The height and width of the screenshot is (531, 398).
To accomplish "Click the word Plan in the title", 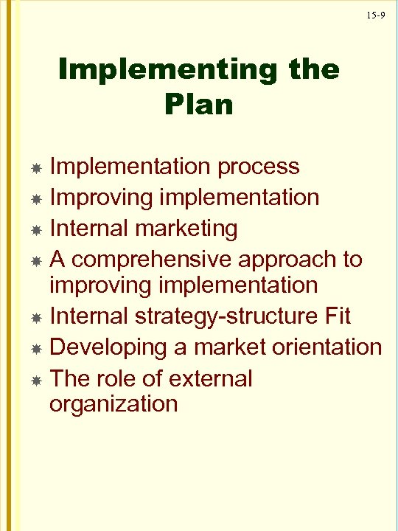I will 200,104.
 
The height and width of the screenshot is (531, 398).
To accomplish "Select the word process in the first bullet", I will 258,167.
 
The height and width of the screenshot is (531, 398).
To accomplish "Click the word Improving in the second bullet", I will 99,198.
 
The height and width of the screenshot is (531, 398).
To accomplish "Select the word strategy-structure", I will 220,316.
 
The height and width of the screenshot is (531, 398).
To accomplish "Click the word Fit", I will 335,316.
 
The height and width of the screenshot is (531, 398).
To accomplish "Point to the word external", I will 210,378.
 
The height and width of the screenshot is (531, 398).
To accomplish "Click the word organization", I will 114,404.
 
